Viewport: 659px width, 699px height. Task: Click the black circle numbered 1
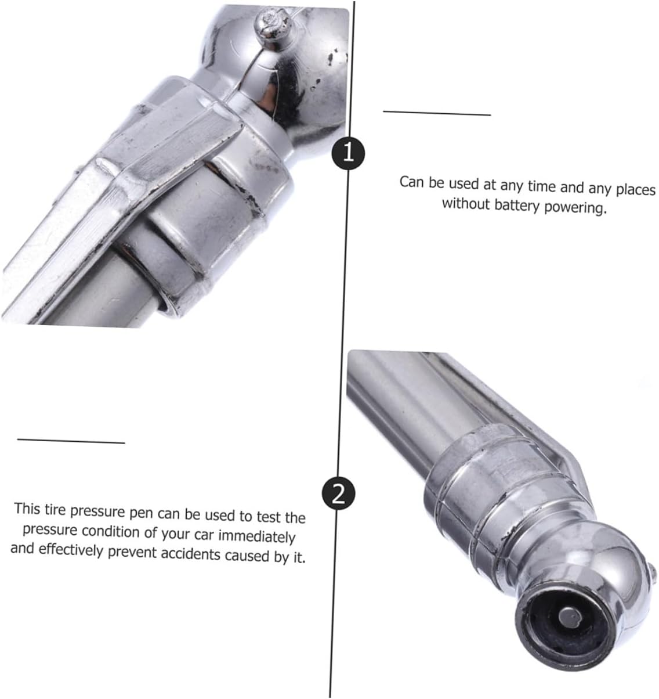pyautogui.click(x=348, y=153)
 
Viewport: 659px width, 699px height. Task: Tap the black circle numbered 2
pyautogui.click(x=338, y=495)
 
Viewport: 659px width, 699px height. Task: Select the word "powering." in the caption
pyautogui.click(x=576, y=208)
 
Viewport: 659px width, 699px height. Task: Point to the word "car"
pyautogui.click(x=204, y=535)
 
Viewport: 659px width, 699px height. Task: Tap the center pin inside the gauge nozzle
pyautogui.click(x=571, y=617)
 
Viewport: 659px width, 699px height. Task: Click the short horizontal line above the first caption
pyautogui.click(x=437, y=113)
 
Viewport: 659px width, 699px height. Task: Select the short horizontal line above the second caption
pyautogui.click(x=71, y=441)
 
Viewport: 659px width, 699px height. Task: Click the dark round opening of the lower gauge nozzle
pyautogui.click(x=564, y=618)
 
